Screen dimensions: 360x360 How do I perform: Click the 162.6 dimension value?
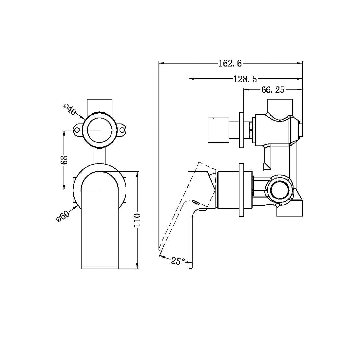coord(230,63)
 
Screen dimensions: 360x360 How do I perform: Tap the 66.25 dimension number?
coord(272,90)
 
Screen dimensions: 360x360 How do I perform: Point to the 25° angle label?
coord(178,261)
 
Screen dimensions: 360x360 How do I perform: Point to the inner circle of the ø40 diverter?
coord(99,130)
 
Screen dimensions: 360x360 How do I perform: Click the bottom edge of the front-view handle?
coord(99,268)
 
